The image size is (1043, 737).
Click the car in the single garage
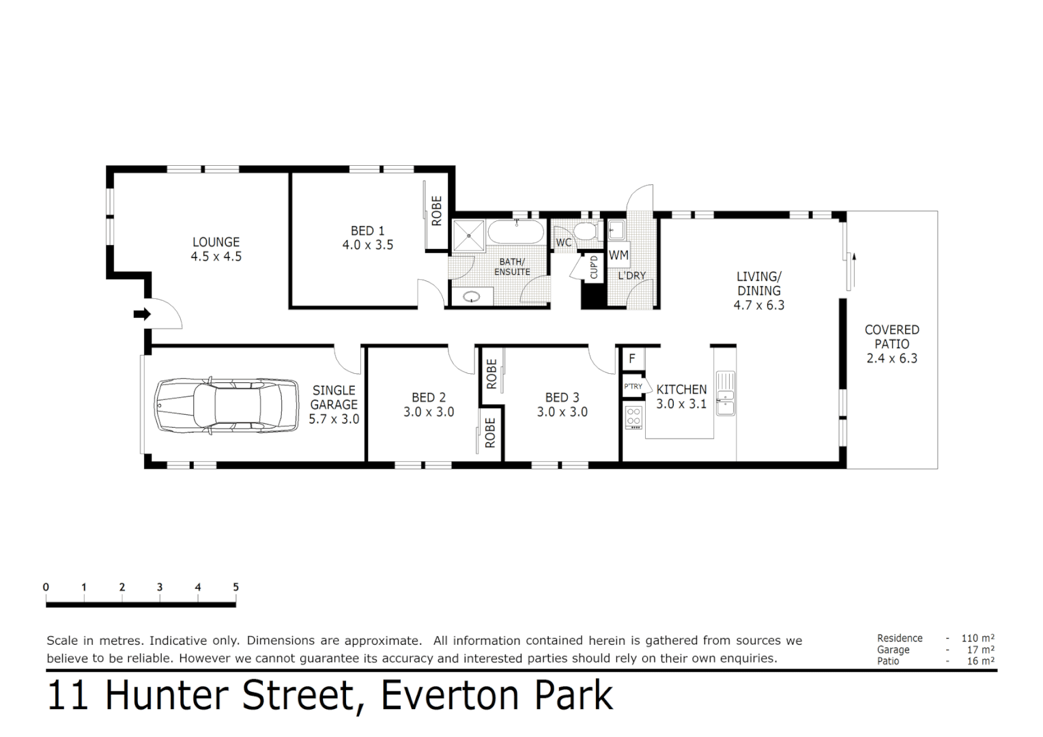(x=226, y=405)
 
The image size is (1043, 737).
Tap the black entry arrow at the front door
(x=142, y=314)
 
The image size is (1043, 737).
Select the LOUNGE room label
(x=216, y=242)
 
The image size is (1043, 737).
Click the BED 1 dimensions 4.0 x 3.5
(x=368, y=245)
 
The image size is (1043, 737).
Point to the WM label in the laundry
(x=618, y=255)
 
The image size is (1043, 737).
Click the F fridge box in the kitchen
(x=632, y=358)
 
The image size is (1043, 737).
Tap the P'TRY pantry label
(x=633, y=386)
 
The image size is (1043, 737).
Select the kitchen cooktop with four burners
(x=633, y=417)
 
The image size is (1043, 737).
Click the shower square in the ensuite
(x=468, y=236)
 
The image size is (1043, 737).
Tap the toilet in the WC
(x=585, y=231)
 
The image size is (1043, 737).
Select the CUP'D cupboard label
(x=593, y=267)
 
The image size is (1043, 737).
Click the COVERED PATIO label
(x=891, y=336)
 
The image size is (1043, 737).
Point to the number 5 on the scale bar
(x=235, y=587)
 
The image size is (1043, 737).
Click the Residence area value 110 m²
(x=977, y=638)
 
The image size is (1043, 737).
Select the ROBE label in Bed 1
(x=436, y=211)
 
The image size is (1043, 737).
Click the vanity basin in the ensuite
(x=472, y=297)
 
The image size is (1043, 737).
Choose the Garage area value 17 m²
(x=980, y=650)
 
